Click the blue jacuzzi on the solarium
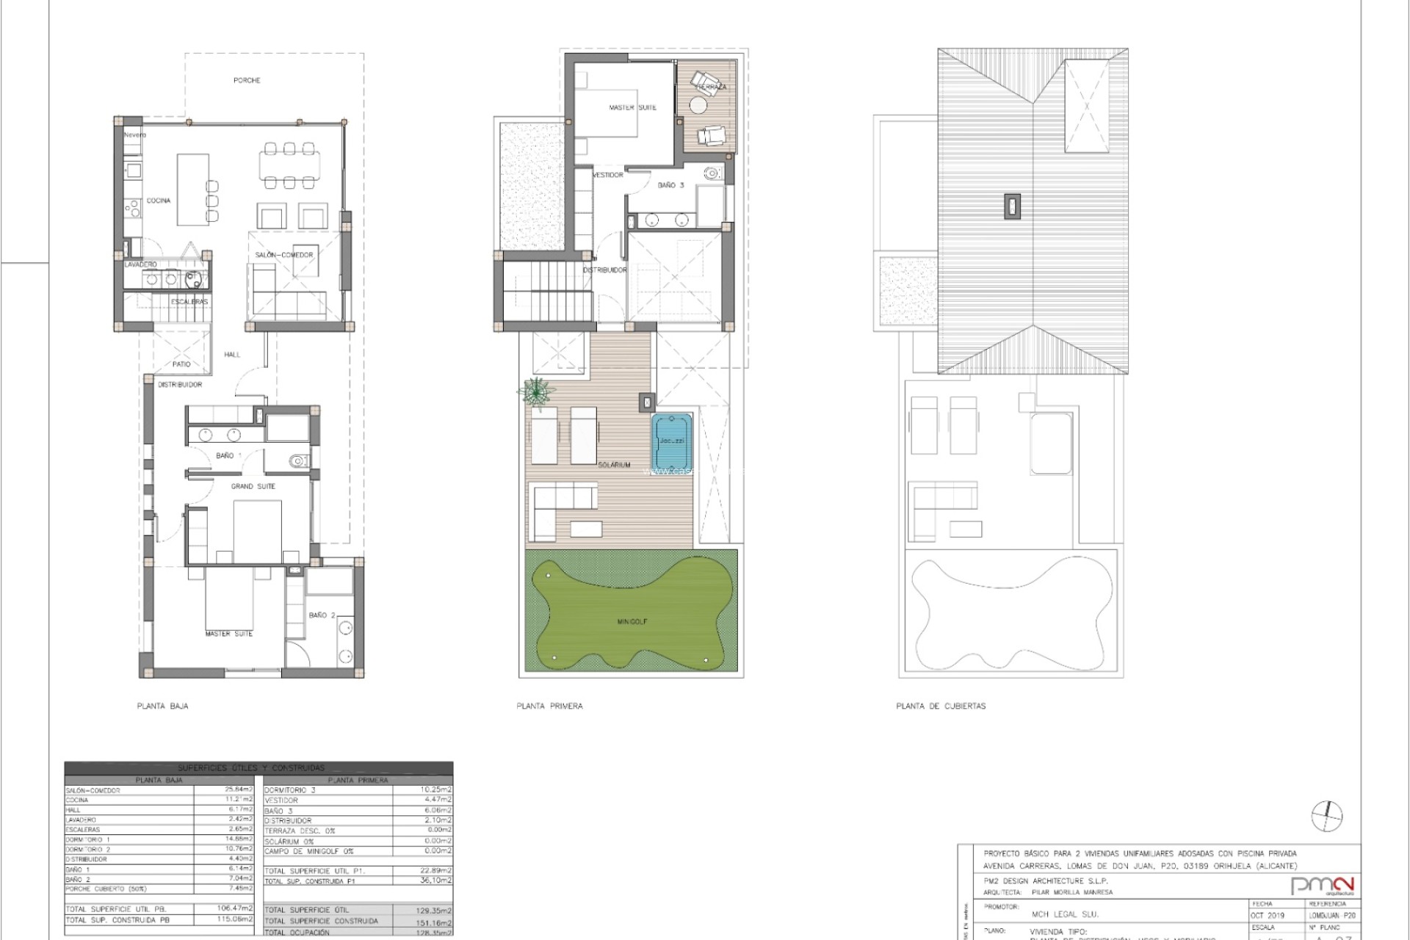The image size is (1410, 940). (671, 441)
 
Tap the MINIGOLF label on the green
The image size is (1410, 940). (632, 622)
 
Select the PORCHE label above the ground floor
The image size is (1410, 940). (247, 80)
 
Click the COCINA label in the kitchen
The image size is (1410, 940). (159, 200)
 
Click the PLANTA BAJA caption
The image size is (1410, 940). (162, 706)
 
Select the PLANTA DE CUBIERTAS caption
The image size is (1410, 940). (941, 706)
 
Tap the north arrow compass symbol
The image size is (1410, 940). (1326, 816)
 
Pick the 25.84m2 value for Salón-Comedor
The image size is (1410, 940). (239, 790)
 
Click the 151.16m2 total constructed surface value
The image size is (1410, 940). (433, 921)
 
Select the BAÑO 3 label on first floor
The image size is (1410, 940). (670, 185)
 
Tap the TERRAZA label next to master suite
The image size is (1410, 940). (711, 87)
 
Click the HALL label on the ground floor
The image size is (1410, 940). (232, 354)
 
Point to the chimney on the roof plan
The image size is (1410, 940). (1012, 206)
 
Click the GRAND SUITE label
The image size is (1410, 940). (253, 486)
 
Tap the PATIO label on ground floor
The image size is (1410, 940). (181, 364)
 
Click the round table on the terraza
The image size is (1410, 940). (697, 107)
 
